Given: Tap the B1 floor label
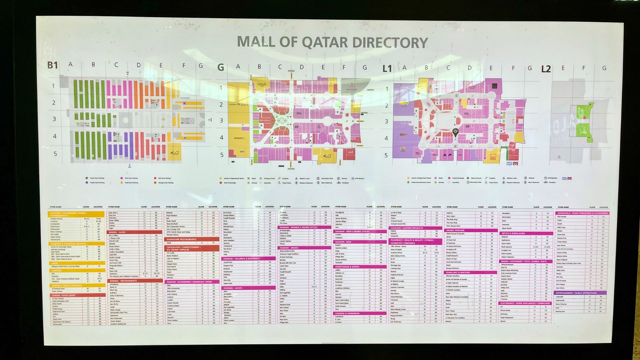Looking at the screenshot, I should (x=53, y=65).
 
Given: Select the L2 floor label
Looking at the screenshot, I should (x=546, y=69).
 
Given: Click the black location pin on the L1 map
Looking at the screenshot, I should (x=455, y=132).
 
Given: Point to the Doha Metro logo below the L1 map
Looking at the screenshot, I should (x=512, y=164).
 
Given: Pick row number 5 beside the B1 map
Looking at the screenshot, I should (x=55, y=154).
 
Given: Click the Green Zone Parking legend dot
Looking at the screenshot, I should (x=87, y=178).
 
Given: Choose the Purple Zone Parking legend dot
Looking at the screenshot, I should (x=87, y=183).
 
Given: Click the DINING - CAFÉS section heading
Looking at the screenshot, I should (x=117, y=232).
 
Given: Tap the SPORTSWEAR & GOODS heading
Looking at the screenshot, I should (x=347, y=267).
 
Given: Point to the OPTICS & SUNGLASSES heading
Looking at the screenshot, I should (x=513, y=233).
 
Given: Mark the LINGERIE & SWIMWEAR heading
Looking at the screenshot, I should (x=347, y=313).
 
